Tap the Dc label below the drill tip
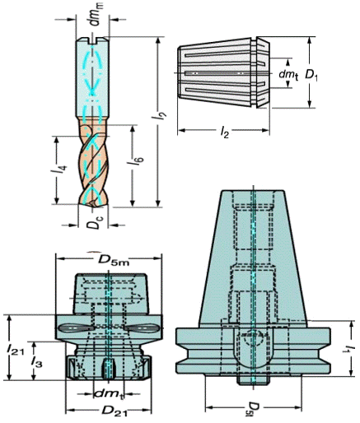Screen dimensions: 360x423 point(93,221)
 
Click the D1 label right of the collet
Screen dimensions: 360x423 point(312,75)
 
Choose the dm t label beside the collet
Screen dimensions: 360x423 point(288,74)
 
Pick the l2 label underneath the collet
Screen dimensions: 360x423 point(224,132)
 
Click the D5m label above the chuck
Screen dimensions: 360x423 point(114,260)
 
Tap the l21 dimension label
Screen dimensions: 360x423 point(16,350)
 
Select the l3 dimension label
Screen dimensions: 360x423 point(36,362)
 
